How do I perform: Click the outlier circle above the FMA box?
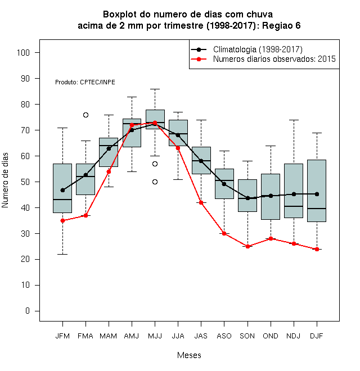point(85,115)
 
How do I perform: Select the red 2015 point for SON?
point(247,246)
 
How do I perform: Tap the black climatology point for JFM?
point(63,190)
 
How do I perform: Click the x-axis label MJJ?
point(155,336)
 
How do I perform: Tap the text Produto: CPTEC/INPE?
point(85,82)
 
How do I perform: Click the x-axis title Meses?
point(189,355)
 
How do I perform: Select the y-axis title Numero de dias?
point(5,180)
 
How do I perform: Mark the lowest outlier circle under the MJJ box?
point(155,182)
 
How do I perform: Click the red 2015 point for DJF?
point(317,249)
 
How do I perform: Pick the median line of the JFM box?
point(62,200)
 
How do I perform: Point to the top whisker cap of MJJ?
point(155,89)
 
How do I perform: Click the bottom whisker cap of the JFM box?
point(63,254)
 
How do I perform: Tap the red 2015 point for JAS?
point(201,202)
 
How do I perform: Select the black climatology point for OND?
point(271,196)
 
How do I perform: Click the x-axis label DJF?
point(317,336)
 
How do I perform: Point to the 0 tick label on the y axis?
point(28,311)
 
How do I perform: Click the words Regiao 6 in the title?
point(281,25)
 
